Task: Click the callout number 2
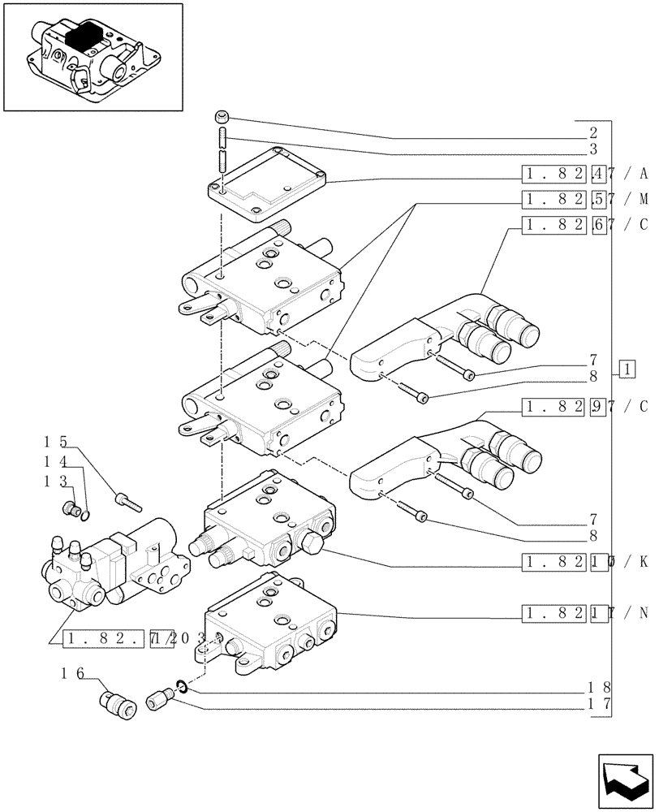(x=593, y=132)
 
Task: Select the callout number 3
(x=593, y=149)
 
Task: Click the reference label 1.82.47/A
(x=584, y=173)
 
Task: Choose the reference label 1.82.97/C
(x=584, y=406)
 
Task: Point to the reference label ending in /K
(x=584, y=561)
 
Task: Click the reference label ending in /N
(x=584, y=612)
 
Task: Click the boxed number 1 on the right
(x=627, y=370)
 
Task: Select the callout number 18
(x=601, y=686)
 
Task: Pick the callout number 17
(x=601, y=704)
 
